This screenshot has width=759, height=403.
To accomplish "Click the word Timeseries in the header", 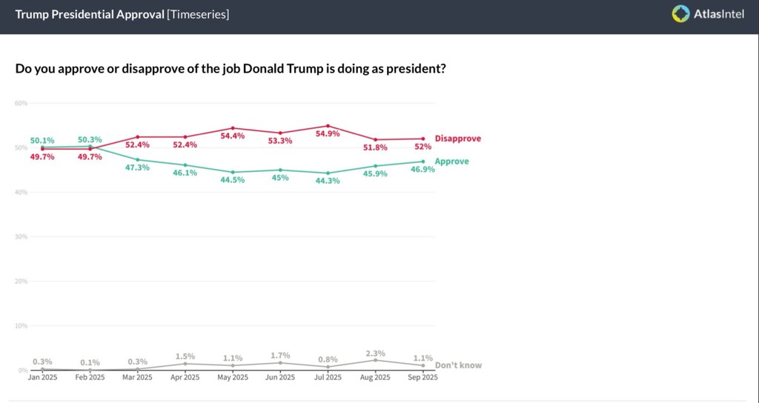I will [198, 14].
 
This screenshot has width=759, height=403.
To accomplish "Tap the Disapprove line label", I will [457, 139].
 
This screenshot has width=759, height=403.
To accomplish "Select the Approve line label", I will [451, 161].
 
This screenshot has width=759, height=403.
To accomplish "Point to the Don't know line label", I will [458, 365].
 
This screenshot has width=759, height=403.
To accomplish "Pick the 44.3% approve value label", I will [328, 181].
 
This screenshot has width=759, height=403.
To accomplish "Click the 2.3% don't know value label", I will [375, 353].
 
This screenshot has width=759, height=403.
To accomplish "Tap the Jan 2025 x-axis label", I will [42, 377].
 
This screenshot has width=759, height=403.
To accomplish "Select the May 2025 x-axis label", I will [233, 377].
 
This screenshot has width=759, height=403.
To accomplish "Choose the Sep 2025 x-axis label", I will [422, 377].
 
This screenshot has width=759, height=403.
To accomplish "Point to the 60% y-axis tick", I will [21, 103].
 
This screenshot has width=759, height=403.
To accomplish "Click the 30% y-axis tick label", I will [21, 236].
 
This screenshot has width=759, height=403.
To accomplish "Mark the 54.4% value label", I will [233, 136].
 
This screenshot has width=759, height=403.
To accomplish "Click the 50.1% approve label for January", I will [42, 140].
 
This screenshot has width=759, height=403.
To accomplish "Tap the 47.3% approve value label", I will [137, 167].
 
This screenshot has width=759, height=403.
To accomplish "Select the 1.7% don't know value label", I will [280, 355].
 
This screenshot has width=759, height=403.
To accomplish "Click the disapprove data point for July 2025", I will [328, 126].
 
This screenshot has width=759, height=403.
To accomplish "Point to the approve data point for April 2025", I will [185, 165].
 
